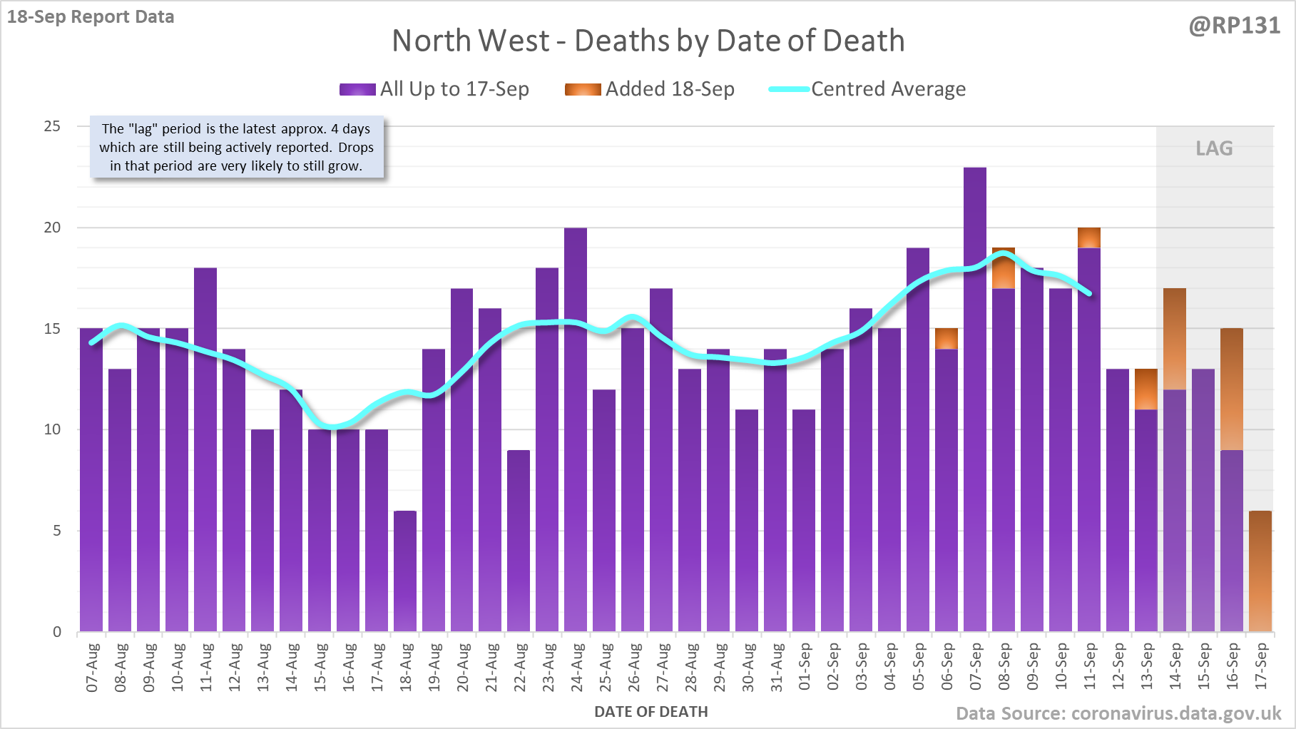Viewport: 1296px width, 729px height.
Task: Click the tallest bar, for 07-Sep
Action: click(975, 399)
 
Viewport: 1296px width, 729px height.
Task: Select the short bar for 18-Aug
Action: click(405, 571)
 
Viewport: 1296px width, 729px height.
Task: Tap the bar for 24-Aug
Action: click(576, 428)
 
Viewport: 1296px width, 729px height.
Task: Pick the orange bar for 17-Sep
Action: click(1260, 571)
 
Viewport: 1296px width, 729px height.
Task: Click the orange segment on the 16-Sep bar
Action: click(1232, 389)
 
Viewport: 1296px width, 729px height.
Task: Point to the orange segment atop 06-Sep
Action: click(947, 338)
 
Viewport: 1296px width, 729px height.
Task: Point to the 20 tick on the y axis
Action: click(53, 228)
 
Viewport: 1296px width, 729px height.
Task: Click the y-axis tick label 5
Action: click(57, 531)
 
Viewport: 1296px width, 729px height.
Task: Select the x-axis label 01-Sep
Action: click(805, 667)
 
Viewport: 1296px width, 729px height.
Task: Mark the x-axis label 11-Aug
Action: click(206, 667)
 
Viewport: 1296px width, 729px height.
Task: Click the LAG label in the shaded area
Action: click(1214, 148)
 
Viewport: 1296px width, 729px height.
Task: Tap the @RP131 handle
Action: click(1234, 26)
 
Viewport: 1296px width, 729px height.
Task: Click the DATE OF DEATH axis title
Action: click(650, 712)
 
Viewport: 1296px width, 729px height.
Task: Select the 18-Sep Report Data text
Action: click(91, 16)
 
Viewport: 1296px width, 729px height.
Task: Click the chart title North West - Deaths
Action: click(648, 41)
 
